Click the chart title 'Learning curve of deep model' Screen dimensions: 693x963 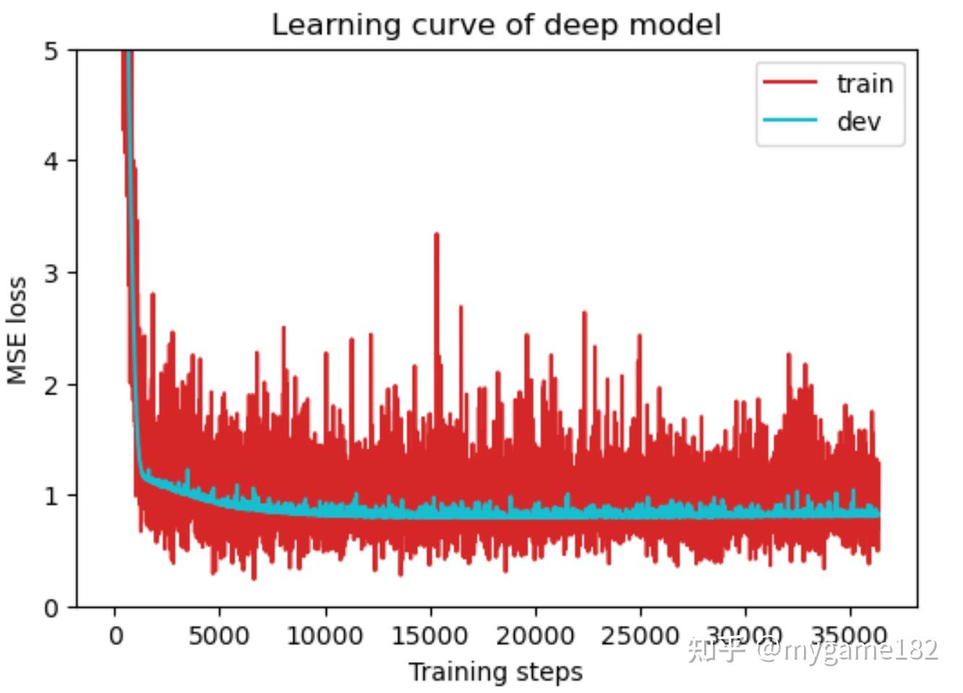[x=496, y=25]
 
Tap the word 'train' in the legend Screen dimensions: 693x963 [x=865, y=84]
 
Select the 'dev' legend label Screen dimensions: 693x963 [x=859, y=121]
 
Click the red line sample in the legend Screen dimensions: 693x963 [x=790, y=83]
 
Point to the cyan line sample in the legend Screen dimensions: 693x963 [x=790, y=120]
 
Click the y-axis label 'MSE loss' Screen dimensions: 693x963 [x=17, y=330]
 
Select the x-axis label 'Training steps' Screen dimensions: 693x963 [x=495, y=672]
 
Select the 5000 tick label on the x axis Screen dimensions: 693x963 [x=219, y=637]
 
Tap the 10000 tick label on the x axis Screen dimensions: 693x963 [x=325, y=637]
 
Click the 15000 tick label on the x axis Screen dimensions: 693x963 [x=429, y=637]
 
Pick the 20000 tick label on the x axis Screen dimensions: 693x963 [x=535, y=637]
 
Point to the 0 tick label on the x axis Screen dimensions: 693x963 [x=116, y=637]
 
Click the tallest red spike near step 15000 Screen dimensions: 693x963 [x=436, y=236]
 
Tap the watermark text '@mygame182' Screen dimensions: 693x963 [x=847, y=650]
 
